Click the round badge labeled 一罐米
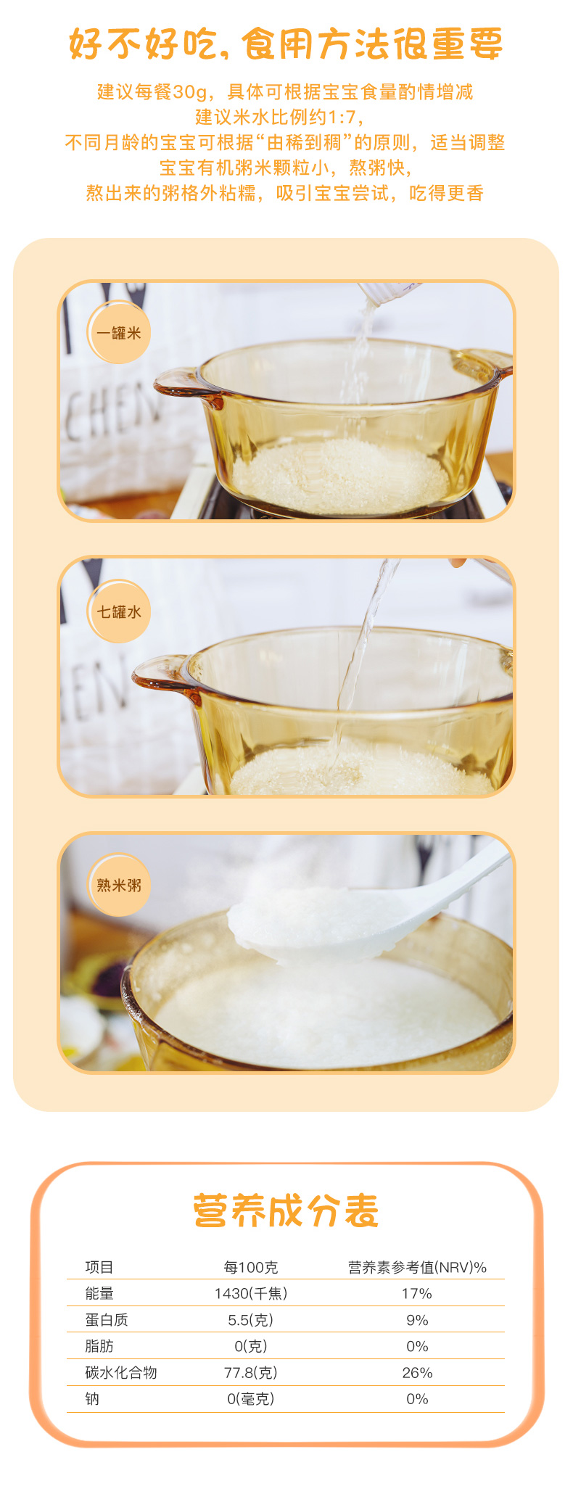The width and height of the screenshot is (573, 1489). point(119,333)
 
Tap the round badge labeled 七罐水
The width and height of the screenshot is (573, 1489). point(119,611)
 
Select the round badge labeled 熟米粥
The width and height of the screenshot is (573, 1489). point(119,885)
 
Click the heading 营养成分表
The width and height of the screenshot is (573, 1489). point(286,1210)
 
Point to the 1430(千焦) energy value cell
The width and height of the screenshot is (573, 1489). point(251,1293)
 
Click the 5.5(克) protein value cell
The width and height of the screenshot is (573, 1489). point(251,1320)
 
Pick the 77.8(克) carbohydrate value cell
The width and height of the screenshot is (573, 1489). point(251,1373)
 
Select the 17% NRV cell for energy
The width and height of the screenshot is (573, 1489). point(417,1293)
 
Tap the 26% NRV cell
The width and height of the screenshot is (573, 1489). point(417,1373)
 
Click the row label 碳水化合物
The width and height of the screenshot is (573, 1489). point(121,1373)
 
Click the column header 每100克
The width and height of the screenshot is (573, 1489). point(251,1267)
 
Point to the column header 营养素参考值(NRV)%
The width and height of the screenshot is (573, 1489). point(417,1267)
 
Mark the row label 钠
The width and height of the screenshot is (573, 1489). point(92,1398)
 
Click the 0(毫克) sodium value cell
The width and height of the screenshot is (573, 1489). point(251,1398)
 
